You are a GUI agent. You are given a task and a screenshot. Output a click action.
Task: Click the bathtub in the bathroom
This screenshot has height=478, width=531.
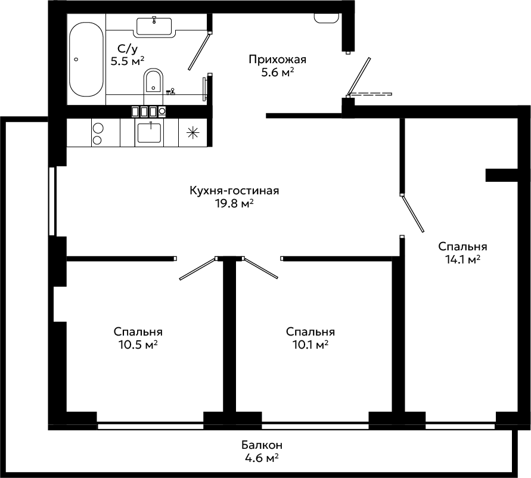[86, 60]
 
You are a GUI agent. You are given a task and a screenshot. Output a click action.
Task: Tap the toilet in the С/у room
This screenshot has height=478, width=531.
[154, 81]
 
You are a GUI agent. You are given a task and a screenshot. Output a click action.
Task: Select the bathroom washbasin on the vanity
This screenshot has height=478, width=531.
[154, 26]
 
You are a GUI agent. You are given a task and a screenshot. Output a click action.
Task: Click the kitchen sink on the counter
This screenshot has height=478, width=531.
[149, 132]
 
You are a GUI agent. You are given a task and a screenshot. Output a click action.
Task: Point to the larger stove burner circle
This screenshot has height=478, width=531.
[98, 128]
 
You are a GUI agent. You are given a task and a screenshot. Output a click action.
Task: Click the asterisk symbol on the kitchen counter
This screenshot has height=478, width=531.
[193, 132]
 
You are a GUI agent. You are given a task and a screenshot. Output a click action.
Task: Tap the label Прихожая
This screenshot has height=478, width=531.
[277, 60]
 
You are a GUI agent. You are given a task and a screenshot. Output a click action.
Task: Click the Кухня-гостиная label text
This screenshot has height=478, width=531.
[234, 191]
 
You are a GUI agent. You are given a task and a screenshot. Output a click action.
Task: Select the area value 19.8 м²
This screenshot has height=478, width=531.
[234, 203]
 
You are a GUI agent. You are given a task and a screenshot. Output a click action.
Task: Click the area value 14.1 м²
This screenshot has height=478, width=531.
[462, 259]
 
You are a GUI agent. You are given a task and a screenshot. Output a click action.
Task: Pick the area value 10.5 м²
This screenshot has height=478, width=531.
[138, 344]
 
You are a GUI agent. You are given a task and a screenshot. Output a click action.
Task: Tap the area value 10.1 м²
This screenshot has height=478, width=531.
[310, 344]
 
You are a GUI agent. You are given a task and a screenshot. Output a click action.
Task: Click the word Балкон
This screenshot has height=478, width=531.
[262, 445]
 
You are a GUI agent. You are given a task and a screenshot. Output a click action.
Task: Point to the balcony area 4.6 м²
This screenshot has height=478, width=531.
[262, 458]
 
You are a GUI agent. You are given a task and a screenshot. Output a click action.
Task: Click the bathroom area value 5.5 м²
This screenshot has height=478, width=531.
[128, 61]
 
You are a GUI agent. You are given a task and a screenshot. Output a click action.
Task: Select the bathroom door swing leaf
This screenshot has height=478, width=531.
[199, 51]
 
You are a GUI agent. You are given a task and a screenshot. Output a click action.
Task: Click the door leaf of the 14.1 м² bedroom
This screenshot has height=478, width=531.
[412, 213]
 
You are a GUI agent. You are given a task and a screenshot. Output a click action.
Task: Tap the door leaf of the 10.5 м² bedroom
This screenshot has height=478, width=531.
[198, 269]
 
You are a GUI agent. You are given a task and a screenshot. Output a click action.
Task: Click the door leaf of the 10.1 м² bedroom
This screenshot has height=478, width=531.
[260, 268]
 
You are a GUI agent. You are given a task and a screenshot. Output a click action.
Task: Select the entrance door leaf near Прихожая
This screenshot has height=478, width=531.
[359, 75]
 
